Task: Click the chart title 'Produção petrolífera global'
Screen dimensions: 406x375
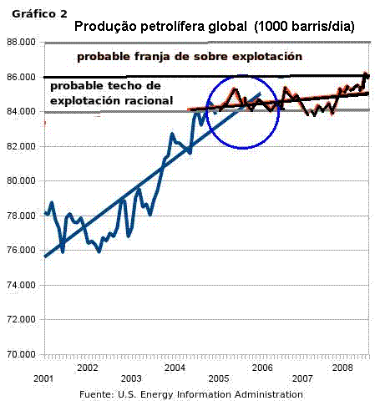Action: (155, 27)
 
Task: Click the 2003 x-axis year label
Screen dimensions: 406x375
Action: (131, 378)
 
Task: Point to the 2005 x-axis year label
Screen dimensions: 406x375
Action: (219, 378)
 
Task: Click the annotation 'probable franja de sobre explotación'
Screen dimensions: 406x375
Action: (190, 57)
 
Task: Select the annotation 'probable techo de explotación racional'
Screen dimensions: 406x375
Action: (111, 94)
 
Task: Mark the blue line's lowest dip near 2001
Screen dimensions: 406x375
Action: (63, 251)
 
